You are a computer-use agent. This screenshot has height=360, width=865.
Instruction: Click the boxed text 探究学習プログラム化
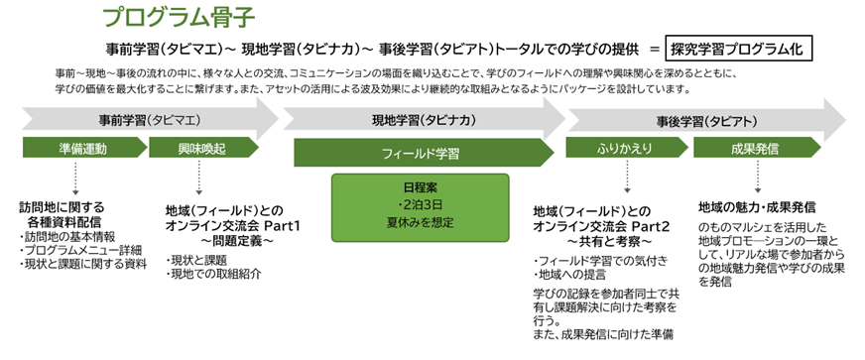pos(738,49)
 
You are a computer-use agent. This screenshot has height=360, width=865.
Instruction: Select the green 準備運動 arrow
pos(81,149)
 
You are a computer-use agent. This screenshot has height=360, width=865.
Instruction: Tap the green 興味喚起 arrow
pos(195,149)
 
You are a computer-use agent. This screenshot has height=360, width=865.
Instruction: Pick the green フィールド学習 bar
pos(420,154)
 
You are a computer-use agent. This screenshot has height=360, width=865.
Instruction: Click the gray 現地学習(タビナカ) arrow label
pos(419,119)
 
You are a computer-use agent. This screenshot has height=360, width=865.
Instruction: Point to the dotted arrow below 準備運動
pos(74,179)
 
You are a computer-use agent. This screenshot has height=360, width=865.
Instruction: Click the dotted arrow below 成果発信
pos(758,179)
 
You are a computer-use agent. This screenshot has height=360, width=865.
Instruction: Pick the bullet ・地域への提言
pos(572,273)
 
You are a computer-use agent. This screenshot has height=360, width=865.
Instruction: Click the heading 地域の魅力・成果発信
pos(757,207)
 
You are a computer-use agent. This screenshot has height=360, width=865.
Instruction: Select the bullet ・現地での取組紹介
pos(212,274)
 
